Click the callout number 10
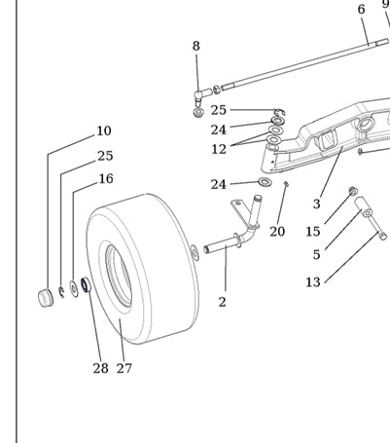pyautogui.click(x=104, y=130)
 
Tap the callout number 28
pyautogui.click(x=100, y=368)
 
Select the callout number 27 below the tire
pyautogui.click(x=124, y=368)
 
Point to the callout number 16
pyautogui.click(x=106, y=179)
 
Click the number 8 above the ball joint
pyautogui.click(x=196, y=46)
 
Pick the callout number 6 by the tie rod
pyautogui.click(x=362, y=10)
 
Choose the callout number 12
pyautogui.click(x=219, y=149)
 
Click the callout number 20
pyautogui.click(x=277, y=232)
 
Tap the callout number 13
pyautogui.click(x=313, y=282)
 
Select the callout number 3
pyautogui.click(x=317, y=204)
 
